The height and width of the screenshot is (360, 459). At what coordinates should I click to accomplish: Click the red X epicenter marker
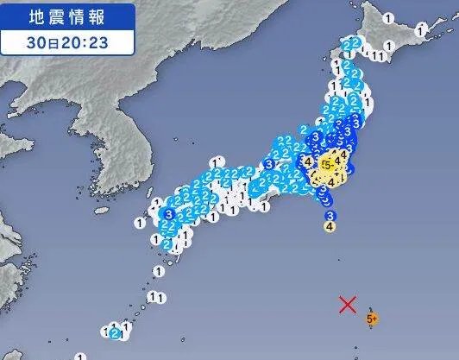tap(348, 304)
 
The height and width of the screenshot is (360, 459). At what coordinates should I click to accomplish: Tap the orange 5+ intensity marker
tap(372, 319)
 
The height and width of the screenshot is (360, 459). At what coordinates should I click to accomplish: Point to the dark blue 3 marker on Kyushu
tap(168, 214)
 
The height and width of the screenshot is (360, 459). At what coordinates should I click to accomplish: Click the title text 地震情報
tap(68, 15)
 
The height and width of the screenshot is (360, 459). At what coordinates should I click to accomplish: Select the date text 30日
tap(39, 40)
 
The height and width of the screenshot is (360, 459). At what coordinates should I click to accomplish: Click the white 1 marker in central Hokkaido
tap(388, 17)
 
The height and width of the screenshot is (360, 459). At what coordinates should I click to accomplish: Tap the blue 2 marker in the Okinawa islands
tap(115, 332)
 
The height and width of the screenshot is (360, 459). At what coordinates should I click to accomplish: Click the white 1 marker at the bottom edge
tap(80, 355)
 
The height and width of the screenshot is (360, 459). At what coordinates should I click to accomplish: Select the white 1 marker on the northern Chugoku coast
tap(216, 161)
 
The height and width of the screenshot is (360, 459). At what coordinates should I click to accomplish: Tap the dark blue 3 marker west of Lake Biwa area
tap(268, 164)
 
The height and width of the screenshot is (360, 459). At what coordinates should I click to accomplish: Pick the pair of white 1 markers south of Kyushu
tap(156, 296)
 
